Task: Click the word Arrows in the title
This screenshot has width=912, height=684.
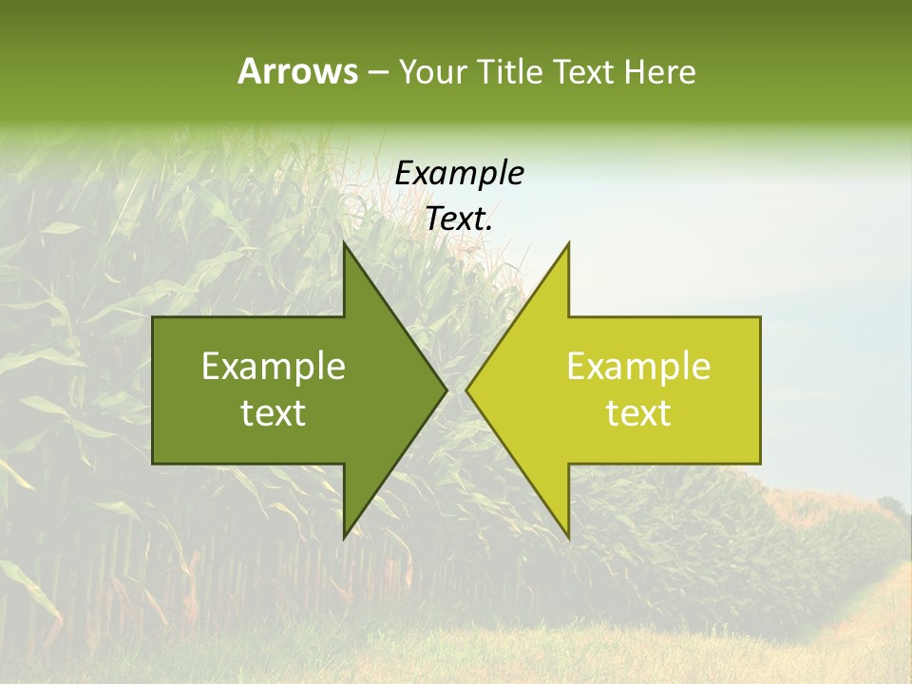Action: tap(297, 71)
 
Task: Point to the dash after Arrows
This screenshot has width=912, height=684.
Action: tap(377, 73)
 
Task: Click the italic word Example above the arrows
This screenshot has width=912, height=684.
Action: tap(459, 174)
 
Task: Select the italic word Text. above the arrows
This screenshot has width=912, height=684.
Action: tap(459, 219)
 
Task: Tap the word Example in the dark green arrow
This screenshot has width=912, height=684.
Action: tap(274, 367)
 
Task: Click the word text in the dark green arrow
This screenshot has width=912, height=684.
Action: tap(274, 413)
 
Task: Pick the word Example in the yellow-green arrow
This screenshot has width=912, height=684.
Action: tap(638, 367)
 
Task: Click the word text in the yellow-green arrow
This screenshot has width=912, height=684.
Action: tap(638, 413)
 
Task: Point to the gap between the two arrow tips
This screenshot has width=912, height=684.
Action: tap(456, 389)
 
